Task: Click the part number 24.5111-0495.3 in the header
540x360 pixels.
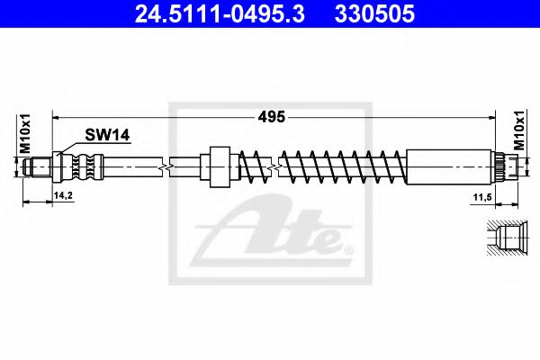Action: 220,14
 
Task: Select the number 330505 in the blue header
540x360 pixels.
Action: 374,14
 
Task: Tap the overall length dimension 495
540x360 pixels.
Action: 272,117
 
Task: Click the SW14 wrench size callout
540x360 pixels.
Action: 107,135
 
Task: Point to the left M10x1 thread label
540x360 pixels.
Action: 24,134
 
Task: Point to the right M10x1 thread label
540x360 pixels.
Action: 519,130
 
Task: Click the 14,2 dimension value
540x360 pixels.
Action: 63,195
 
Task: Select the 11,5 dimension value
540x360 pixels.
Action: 482,197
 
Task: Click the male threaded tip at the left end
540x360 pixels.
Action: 38,167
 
